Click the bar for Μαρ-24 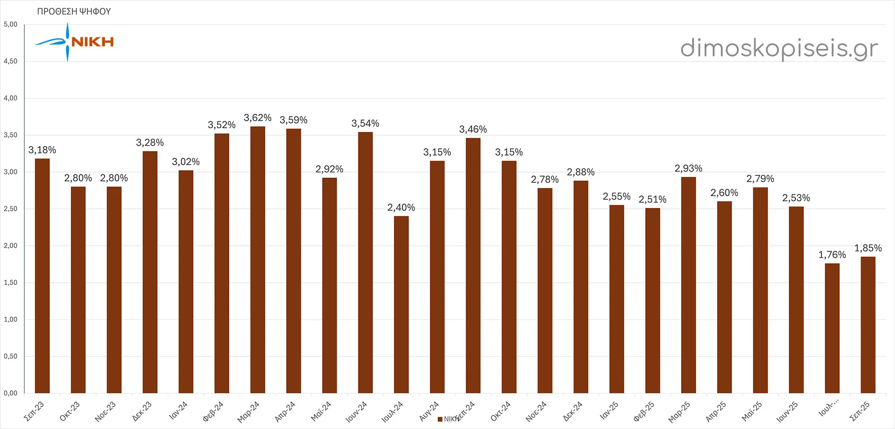click(x=258, y=260)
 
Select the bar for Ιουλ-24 click(x=401, y=304)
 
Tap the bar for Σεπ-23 click(x=42, y=276)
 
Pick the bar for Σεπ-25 click(x=868, y=325)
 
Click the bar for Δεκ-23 click(x=150, y=272)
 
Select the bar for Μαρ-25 click(x=688, y=285)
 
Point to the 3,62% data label click(x=257, y=118)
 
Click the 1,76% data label click(x=832, y=255)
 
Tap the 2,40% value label click(x=401, y=208)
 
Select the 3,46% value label click(x=473, y=130)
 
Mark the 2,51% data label click(x=652, y=200)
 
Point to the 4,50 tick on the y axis click(x=11, y=61)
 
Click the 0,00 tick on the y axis click(x=11, y=393)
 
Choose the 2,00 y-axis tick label click(x=11, y=246)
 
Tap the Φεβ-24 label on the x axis click(x=213, y=411)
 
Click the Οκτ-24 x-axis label click(x=501, y=411)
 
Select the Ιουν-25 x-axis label click(x=787, y=412)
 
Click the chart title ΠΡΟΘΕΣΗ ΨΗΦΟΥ click(x=74, y=12)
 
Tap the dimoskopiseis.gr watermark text click(x=779, y=48)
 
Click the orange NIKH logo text click(x=93, y=42)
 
